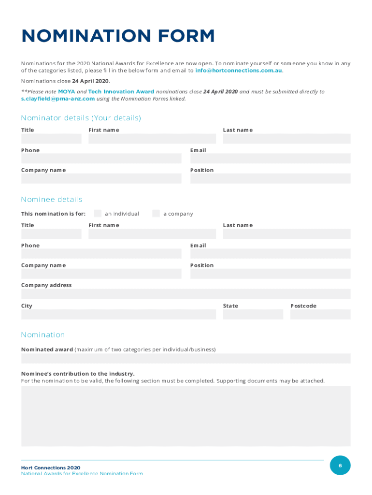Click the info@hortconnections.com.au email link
point(238,71)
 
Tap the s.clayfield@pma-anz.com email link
point(57,99)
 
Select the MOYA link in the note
point(66,91)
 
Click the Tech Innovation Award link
point(121,91)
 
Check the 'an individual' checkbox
point(98,213)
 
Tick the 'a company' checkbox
point(156,213)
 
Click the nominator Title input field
point(51,139)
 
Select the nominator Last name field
point(286,139)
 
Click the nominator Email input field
point(270,159)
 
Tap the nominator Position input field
point(270,178)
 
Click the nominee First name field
point(152,234)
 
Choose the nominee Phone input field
point(101,254)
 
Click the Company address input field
point(186,293)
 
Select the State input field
point(253,314)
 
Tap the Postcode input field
point(320,314)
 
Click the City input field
point(118,314)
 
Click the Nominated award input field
point(186,358)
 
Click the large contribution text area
point(186,416)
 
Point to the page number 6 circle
point(340,466)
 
